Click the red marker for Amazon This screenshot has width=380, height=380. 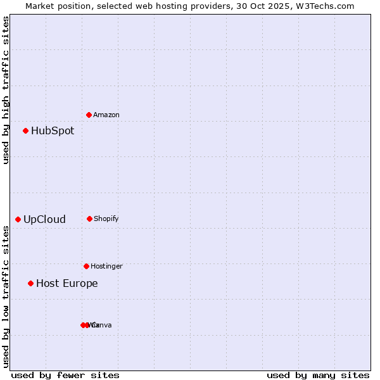[x=89, y=115]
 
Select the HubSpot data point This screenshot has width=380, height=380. [x=26, y=131]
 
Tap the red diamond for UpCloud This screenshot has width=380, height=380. [x=18, y=220]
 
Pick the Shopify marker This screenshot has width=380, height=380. [x=89, y=218]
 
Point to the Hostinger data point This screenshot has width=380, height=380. [x=86, y=266]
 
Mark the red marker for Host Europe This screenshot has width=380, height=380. [x=30, y=283]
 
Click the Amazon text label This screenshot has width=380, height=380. [x=106, y=115]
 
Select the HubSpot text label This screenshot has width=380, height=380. [x=53, y=131]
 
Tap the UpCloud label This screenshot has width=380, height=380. [x=44, y=220]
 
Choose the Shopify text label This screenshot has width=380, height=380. [x=106, y=219]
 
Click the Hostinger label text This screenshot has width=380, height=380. [x=106, y=267]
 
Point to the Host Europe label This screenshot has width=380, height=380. [x=67, y=284]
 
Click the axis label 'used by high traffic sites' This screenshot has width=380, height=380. [x=6, y=90]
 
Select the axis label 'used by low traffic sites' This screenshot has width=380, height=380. [x=6, y=296]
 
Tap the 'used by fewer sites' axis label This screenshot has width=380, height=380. [x=65, y=376]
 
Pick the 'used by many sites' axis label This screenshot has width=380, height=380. [x=318, y=376]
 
